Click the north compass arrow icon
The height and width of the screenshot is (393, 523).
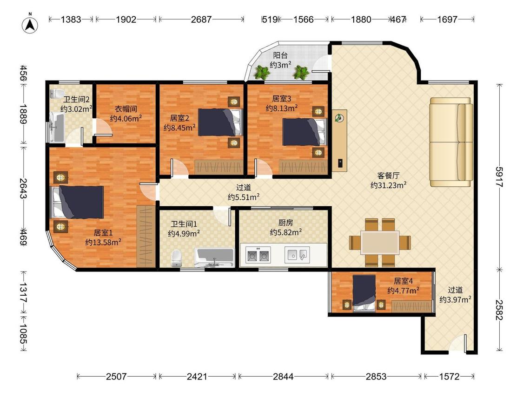pos(30,24)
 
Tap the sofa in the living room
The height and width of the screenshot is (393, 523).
pos(451,142)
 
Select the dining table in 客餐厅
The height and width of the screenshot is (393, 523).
pos(380,243)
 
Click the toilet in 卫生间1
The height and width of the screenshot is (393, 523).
pos(177,258)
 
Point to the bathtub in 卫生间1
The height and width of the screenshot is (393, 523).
pos(214,257)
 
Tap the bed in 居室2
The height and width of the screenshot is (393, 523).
pos(219,122)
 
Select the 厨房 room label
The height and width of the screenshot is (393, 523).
pos(286,222)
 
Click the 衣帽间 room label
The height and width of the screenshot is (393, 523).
pos(126,108)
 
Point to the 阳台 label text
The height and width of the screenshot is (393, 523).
pos(280,55)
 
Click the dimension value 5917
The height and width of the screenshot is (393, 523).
pos(499,177)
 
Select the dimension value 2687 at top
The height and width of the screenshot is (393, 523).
pos(201,20)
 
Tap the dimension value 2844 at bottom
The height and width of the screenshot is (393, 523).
pos(283,377)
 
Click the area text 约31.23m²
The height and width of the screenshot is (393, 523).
pos(389,185)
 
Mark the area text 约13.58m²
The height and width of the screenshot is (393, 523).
pos(103,242)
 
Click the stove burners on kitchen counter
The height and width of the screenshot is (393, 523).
pos(258,255)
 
